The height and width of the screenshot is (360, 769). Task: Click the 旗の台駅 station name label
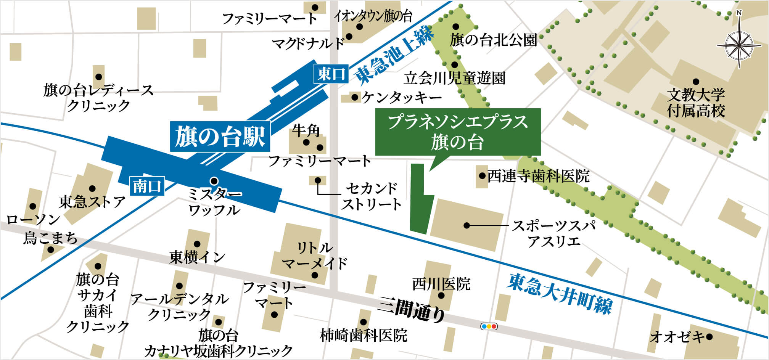click(220, 137)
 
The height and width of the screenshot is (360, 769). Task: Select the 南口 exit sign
click(147, 186)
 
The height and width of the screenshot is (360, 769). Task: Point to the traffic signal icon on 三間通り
click(489, 326)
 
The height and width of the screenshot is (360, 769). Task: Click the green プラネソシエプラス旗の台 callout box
click(458, 132)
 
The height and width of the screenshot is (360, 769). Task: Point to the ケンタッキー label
click(402, 98)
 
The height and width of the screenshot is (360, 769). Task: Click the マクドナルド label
click(308, 43)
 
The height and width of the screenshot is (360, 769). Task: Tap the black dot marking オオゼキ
click(709, 337)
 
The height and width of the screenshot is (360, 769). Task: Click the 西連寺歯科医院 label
click(538, 176)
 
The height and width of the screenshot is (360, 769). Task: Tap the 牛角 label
click(306, 131)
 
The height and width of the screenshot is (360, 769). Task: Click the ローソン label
click(33, 219)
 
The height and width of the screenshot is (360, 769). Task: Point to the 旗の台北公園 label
click(494, 40)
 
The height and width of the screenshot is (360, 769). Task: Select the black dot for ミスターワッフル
click(214, 180)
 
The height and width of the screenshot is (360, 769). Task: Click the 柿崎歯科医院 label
click(364, 336)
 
